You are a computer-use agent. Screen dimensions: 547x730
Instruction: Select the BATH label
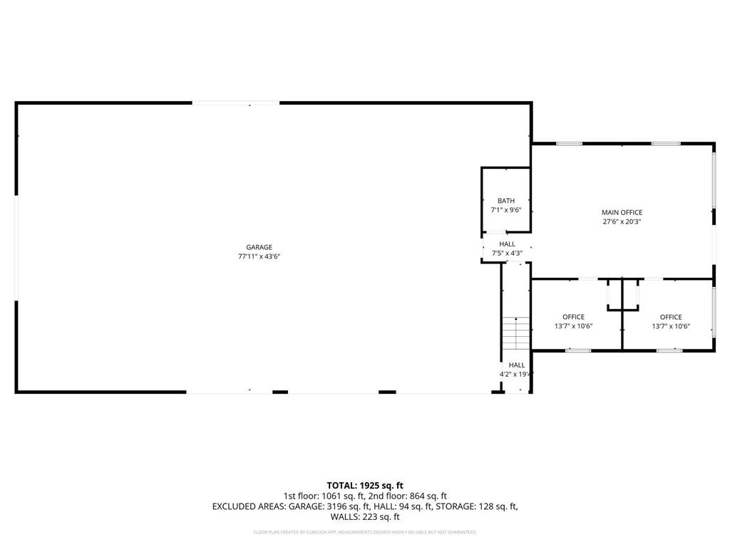pos(506,201)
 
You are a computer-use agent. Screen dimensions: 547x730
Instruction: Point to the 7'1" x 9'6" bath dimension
pos(506,210)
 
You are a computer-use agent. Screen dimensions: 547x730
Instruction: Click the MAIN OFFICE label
pos(622,212)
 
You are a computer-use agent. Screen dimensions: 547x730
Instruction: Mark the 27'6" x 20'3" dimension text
pos(622,222)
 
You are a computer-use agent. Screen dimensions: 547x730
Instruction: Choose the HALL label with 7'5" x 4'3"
pos(507,244)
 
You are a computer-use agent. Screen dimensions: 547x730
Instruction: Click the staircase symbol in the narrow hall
pos(515,333)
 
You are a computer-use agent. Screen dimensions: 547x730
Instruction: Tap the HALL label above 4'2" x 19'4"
pos(517,365)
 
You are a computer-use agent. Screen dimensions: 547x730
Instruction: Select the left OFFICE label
pos(573,317)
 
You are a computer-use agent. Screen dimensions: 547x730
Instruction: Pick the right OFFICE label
pos(671,317)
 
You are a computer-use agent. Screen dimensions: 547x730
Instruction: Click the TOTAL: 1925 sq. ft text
pos(365,485)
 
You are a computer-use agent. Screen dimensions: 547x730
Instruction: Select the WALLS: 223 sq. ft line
pos(365,517)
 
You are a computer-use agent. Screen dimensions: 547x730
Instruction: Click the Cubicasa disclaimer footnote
pos(365,532)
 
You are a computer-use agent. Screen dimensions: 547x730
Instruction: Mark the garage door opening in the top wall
pos(235,104)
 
